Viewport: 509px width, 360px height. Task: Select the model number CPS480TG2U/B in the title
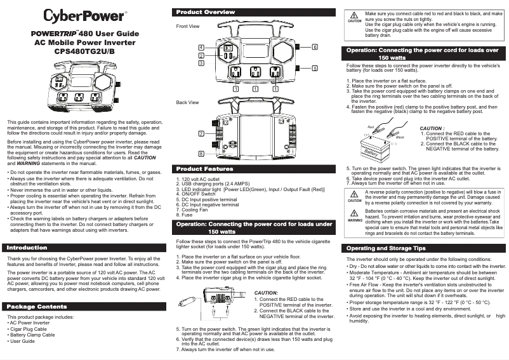coord(84,51)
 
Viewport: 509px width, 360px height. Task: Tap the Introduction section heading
coord(26,247)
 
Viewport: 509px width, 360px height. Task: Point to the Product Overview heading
coord(205,12)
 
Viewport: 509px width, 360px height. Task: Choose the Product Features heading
coord(204,169)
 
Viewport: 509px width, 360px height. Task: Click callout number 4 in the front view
coord(201,48)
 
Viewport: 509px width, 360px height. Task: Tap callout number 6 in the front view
coord(315,48)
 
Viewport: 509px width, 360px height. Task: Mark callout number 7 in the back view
coord(201,134)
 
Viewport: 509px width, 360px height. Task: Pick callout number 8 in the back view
coord(201,154)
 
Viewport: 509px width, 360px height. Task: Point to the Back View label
coord(187,102)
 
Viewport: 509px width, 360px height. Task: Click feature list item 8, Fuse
coord(185,215)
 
